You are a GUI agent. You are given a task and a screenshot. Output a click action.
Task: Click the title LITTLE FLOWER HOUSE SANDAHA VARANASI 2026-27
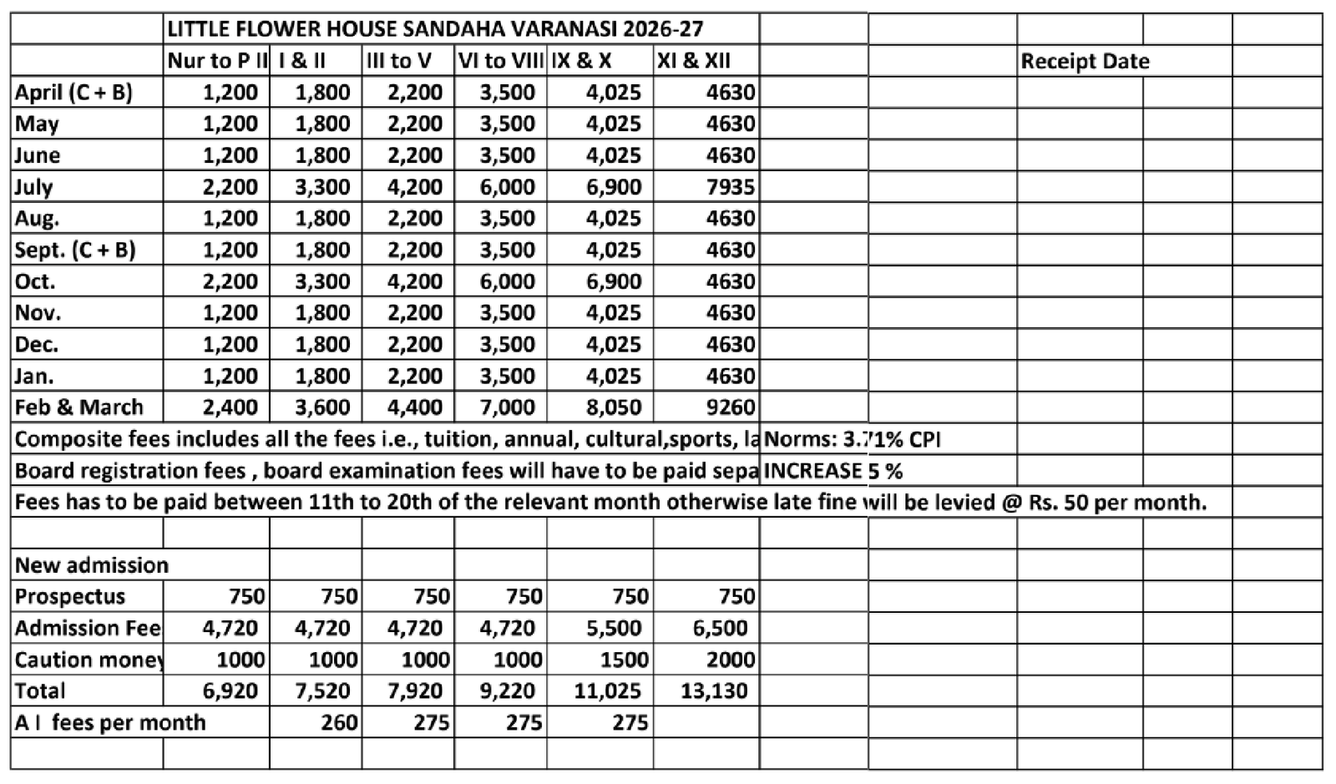click(x=435, y=29)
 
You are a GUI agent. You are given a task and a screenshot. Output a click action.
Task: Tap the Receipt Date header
click(x=1085, y=61)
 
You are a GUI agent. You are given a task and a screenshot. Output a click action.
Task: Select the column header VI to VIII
click(x=500, y=61)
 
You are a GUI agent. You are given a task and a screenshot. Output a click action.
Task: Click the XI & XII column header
click(x=693, y=61)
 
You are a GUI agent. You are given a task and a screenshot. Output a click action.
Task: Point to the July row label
click(x=34, y=186)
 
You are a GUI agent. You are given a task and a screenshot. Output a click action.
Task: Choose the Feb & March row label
click(x=79, y=407)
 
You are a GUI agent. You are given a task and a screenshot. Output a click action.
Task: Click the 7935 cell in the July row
click(x=730, y=186)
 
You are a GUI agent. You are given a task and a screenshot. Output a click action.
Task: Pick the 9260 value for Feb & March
click(x=730, y=407)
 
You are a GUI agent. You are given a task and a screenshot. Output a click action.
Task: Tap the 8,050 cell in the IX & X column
click(x=614, y=407)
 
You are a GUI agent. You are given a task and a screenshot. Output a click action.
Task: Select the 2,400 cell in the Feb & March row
click(x=230, y=407)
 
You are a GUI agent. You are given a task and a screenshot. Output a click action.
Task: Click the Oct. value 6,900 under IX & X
click(x=614, y=281)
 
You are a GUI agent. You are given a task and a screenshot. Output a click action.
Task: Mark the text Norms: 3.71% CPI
click(x=853, y=439)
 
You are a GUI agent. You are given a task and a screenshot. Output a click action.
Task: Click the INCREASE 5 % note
click(x=832, y=471)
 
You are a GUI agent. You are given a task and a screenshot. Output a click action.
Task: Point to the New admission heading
click(x=92, y=565)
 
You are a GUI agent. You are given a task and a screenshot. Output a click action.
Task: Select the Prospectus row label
click(x=70, y=597)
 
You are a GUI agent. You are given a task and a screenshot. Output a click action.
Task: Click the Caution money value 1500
click(x=624, y=660)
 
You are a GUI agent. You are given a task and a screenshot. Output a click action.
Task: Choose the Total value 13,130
click(x=714, y=691)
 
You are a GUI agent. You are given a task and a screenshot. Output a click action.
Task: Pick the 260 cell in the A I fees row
click(x=339, y=722)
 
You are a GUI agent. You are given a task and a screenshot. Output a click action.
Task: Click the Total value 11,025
click(x=607, y=691)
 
